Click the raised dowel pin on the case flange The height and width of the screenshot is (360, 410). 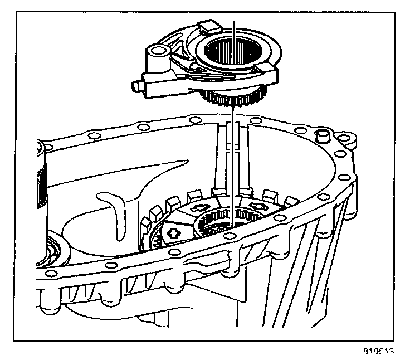pyautogui.click(x=321, y=137)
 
